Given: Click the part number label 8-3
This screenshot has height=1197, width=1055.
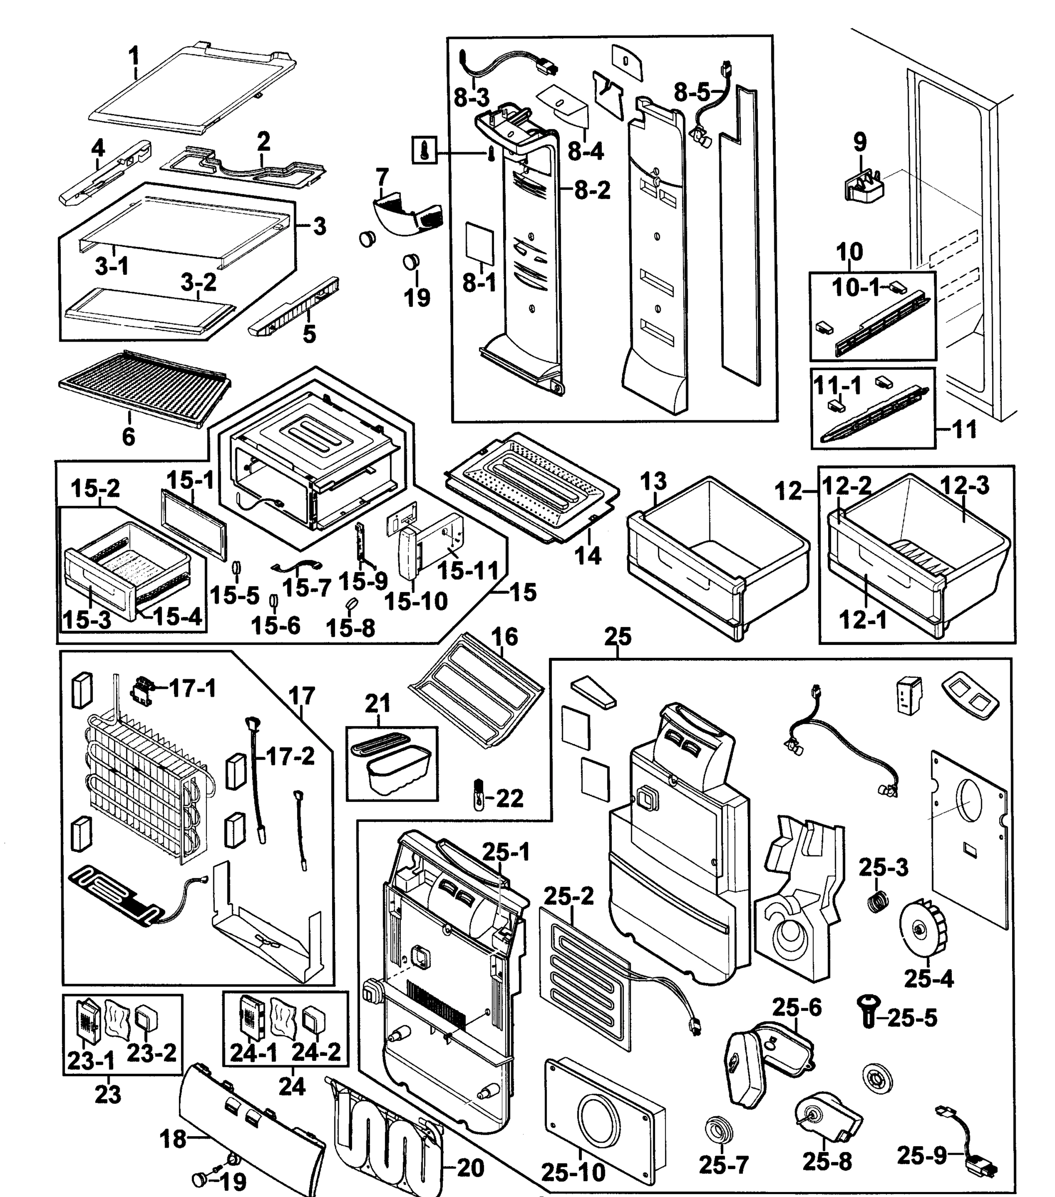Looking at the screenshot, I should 471,97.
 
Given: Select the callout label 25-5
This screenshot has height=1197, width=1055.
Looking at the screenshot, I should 912,1018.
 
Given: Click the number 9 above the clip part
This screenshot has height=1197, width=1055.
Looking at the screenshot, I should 860,141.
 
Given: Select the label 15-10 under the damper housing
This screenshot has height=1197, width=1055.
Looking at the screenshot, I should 416,601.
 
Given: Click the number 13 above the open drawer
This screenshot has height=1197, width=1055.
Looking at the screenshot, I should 653,481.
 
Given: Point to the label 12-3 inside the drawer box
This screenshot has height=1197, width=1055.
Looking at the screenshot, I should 964,485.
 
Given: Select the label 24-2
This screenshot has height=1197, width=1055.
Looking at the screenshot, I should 316,1052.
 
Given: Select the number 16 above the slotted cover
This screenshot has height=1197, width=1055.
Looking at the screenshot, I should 504,636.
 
